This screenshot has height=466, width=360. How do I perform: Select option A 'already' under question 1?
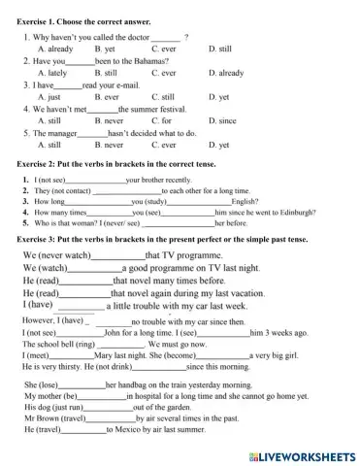pyautogui.click(x=55, y=48)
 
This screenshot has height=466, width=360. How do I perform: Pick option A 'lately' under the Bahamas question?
pyautogui.click(x=50, y=73)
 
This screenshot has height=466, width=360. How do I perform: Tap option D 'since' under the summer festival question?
pyautogui.click(x=227, y=122)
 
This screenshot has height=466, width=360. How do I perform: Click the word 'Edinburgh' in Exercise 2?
pyautogui.click(x=288, y=211)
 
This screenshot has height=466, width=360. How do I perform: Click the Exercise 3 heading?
pyautogui.click(x=163, y=239)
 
